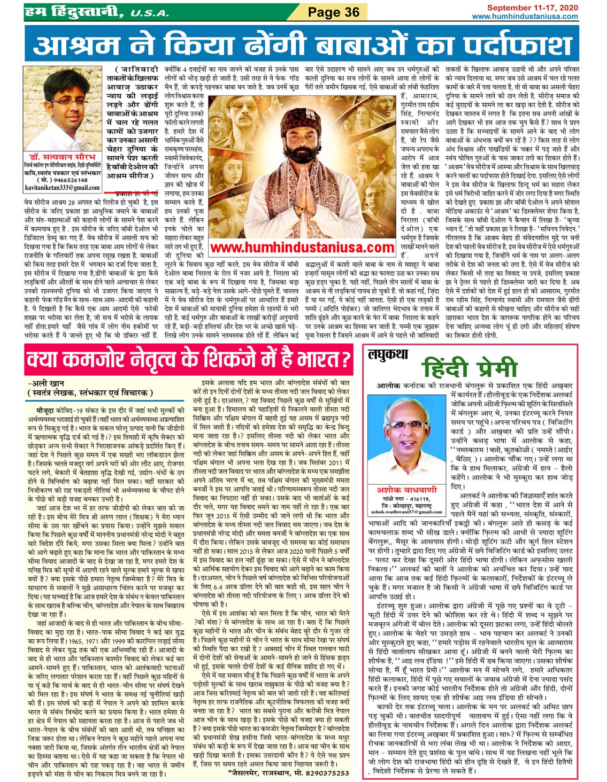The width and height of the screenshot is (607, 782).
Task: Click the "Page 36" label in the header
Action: tap(333, 12)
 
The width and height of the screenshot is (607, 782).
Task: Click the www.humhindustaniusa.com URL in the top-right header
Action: tap(525, 16)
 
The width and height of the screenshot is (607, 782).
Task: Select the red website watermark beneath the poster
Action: tap(302, 247)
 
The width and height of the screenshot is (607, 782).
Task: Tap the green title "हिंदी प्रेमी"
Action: tap(470, 369)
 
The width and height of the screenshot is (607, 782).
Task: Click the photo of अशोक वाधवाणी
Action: tap(407, 438)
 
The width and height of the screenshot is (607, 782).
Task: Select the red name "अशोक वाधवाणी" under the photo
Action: tap(407, 490)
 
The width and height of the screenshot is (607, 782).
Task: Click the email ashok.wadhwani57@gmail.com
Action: tap(407, 512)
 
